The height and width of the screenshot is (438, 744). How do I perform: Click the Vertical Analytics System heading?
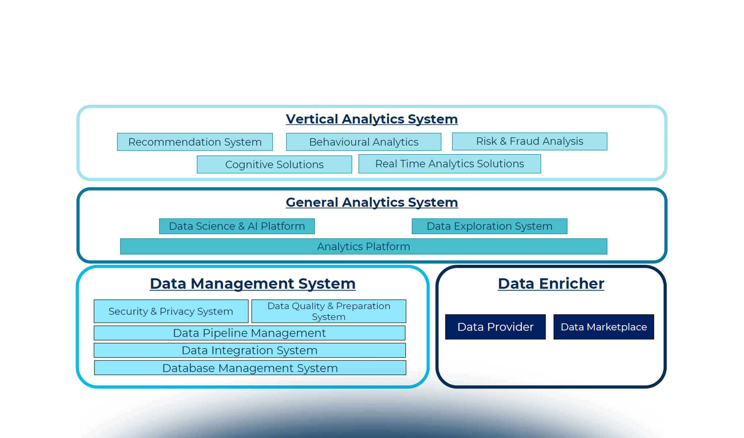(x=372, y=119)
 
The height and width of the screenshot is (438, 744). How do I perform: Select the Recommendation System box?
(x=195, y=142)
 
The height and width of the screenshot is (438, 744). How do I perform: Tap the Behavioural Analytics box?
(x=364, y=142)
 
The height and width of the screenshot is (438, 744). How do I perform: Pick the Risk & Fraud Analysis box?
(x=530, y=141)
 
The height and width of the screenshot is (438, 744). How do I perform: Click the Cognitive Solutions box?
(x=274, y=165)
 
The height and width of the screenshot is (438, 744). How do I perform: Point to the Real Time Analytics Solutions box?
(x=450, y=164)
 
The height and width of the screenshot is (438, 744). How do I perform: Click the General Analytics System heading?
(x=372, y=202)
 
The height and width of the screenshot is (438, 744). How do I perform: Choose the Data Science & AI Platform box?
(x=237, y=226)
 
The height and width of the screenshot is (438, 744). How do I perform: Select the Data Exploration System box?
(x=489, y=226)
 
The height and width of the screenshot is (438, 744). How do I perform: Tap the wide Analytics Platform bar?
(x=364, y=247)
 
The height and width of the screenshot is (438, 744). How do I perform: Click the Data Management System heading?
(x=253, y=284)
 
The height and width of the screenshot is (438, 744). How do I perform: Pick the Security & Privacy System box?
(x=171, y=311)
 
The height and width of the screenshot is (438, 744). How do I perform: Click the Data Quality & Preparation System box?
(x=329, y=311)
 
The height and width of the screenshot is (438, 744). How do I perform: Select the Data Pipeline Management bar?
(x=249, y=333)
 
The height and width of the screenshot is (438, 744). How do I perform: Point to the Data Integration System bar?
(x=249, y=350)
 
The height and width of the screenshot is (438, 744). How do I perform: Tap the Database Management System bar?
(x=250, y=368)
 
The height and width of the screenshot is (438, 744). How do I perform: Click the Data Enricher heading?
(x=551, y=284)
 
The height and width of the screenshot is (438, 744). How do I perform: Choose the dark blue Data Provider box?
(x=495, y=327)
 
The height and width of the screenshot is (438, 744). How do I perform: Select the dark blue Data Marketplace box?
(x=604, y=327)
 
